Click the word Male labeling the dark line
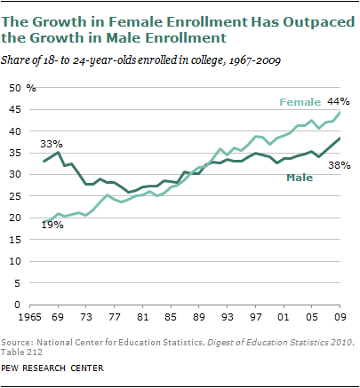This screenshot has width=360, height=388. pyautogui.click(x=300, y=178)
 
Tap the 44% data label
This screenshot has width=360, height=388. pyautogui.click(x=340, y=100)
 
